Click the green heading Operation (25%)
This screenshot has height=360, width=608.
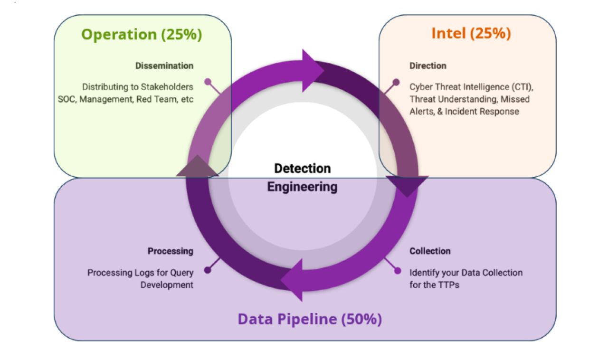pos(142,34)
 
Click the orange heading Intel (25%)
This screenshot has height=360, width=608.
pos(471,33)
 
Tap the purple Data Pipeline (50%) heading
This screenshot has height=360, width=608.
pos(310,319)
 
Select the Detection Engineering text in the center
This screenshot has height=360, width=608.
pos(303,177)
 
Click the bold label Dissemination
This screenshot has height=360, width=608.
pos(164,66)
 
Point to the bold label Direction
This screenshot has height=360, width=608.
pos(428,66)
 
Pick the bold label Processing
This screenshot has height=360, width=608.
pos(170,251)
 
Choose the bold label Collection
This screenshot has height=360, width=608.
pos(430,251)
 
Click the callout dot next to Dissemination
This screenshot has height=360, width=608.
pos(208,82)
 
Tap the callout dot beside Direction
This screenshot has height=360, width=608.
pos(396,82)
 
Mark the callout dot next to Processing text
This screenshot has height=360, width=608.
pos(208,270)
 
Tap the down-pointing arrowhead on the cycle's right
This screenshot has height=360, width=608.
pos(407,185)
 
